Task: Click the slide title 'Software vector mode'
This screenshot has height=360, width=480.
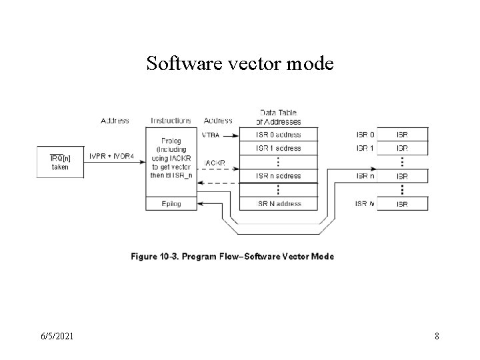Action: (240, 64)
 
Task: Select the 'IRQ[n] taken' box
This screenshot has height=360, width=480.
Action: (60, 162)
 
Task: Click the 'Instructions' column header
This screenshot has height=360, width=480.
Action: (171, 121)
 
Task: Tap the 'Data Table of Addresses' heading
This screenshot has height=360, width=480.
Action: (279, 117)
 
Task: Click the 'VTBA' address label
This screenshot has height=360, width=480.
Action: (210, 135)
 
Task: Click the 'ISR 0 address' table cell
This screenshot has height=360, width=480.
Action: (279, 135)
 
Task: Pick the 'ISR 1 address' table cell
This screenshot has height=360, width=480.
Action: (279, 148)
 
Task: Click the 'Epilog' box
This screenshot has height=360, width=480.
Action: (171, 203)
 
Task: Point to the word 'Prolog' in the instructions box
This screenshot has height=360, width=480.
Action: (171, 141)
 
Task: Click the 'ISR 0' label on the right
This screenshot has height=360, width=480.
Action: (365, 135)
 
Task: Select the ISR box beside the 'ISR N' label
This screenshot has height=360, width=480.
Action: (401, 204)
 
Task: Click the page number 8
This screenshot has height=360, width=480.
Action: (437, 336)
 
